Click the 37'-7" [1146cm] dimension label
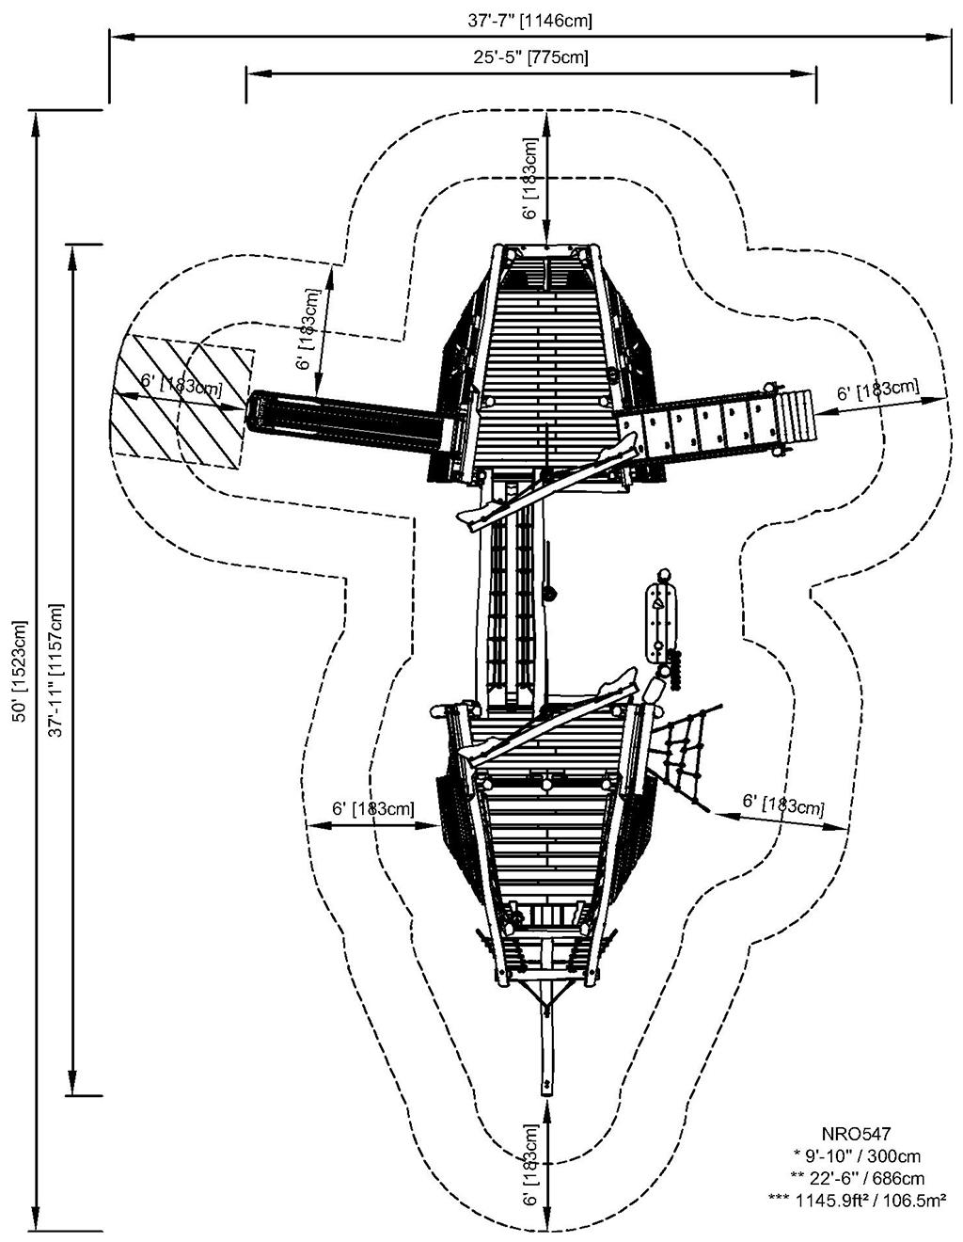pyautogui.click(x=530, y=21)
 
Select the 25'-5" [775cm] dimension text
pyautogui.click(x=530, y=57)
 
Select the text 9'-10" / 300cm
pyautogui.click(x=858, y=1155)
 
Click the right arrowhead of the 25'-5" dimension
pyautogui.click(x=807, y=73)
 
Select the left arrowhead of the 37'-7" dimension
pyautogui.click(x=120, y=37)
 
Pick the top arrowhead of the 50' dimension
pyautogui.click(x=37, y=123)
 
